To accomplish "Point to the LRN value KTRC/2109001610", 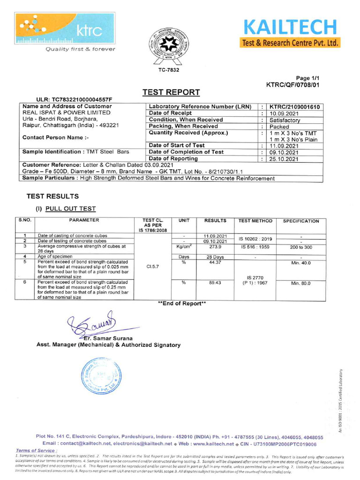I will (294, 107).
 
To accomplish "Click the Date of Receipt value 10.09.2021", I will (283, 113).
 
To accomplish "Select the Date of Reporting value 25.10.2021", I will (283, 159).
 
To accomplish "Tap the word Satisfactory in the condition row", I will (285, 120).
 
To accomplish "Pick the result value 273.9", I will (215, 247).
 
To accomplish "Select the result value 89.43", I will (215, 283).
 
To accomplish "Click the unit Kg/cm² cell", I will (184, 247).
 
